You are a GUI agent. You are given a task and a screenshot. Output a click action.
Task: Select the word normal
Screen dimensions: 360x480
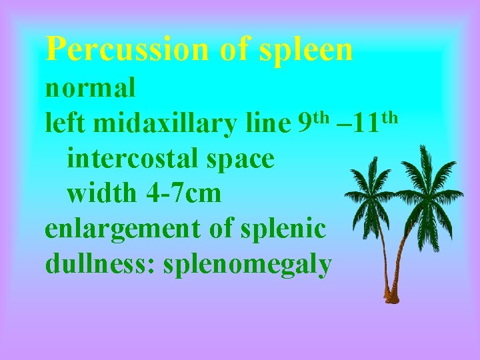pos(91,87)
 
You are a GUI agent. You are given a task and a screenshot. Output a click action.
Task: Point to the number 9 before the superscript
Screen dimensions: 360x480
pos(304,123)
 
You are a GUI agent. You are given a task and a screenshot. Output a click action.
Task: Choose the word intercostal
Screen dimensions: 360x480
pos(133,159)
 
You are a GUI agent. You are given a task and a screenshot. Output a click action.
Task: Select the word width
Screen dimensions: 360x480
pos(102,193)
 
